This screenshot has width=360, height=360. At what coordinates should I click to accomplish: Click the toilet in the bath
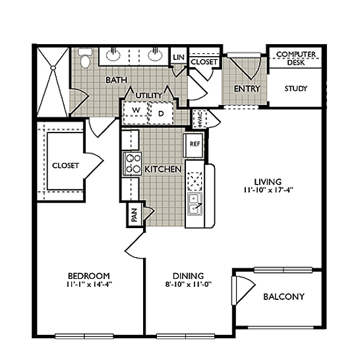tap(84, 58)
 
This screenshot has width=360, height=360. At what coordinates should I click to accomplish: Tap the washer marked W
tap(136, 110)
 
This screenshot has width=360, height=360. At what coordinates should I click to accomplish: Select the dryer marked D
tap(161, 113)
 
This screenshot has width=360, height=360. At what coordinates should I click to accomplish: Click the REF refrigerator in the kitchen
tap(195, 145)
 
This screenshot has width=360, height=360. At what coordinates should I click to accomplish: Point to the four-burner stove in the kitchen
tap(133, 164)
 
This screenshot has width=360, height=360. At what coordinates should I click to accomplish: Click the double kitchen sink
tap(195, 204)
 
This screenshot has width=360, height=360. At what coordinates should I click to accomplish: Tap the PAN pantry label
tap(135, 215)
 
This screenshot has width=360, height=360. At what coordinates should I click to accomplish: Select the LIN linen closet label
tap(179, 57)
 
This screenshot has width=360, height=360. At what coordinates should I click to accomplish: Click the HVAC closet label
tap(199, 119)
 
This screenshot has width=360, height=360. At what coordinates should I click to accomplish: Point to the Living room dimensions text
tap(268, 191)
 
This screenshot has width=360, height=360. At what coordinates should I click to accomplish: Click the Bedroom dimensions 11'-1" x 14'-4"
tap(89, 284)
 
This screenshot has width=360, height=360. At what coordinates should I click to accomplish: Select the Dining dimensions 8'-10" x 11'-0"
tap(188, 284)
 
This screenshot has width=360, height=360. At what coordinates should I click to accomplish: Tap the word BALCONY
tap(284, 297)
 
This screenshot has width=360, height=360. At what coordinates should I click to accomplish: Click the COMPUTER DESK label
tap(296, 58)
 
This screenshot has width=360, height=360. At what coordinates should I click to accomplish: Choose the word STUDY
tap(295, 88)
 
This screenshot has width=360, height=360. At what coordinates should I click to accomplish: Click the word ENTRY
tap(247, 88)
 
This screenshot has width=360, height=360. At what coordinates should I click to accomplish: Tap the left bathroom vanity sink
tap(113, 55)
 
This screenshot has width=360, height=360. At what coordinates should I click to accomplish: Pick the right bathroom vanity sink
tap(155, 55)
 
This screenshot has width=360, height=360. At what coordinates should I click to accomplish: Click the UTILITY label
tap(149, 96)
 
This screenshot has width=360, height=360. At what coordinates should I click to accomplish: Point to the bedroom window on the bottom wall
tap(84, 336)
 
